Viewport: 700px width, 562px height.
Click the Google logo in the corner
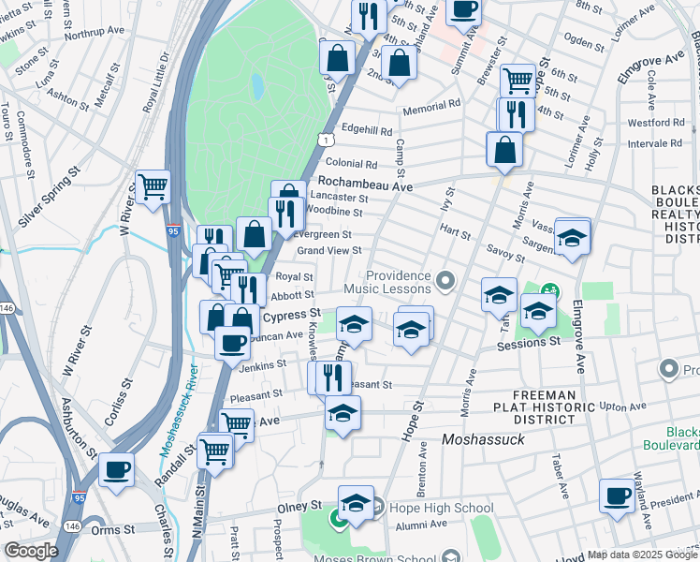(31, 551)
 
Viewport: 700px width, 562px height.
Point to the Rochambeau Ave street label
(365, 185)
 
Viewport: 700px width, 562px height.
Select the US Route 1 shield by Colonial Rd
(323, 140)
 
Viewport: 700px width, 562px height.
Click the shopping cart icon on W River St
(153, 185)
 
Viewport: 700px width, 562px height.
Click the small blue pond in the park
(256, 87)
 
